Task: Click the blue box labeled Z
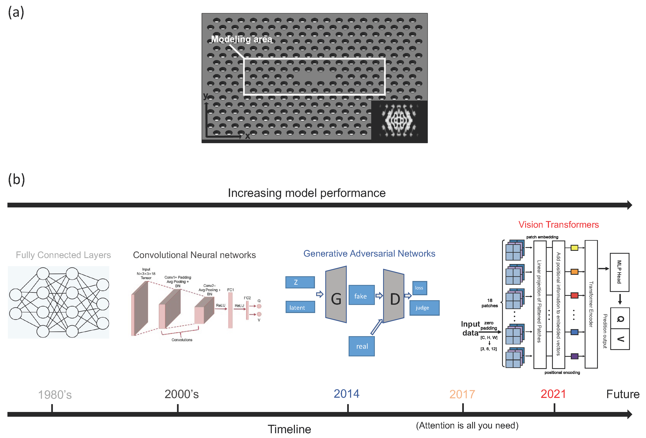[300, 282]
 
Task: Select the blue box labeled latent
[300, 307]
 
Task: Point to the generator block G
[336, 295]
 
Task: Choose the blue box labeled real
[362, 346]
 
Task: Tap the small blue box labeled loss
[419, 288]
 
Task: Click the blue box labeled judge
[424, 308]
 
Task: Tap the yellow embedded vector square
[574, 248]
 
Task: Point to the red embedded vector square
[574, 295]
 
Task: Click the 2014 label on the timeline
[346, 394]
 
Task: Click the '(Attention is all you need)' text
[467, 425]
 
